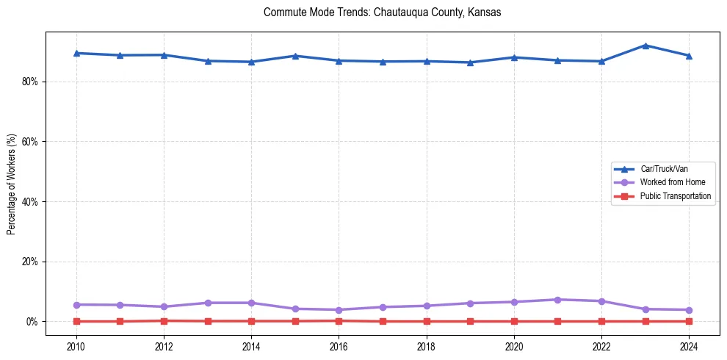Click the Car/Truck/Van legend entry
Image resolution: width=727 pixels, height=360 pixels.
click(664, 169)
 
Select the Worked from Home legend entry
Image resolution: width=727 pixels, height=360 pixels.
click(671, 182)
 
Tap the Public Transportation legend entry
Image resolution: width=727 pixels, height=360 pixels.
click(675, 196)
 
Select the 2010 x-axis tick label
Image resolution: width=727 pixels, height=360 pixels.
click(76, 346)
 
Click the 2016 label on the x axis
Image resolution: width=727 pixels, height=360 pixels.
click(339, 346)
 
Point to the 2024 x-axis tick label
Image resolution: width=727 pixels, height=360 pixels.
click(689, 346)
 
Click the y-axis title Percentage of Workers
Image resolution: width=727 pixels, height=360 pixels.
click(12, 184)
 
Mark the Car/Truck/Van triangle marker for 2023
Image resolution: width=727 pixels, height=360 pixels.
click(645, 46)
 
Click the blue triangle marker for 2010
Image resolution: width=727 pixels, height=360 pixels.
click(76, 53)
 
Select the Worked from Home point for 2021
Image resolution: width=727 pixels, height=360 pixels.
click(557, 300)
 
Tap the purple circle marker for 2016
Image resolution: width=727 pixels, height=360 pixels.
click(339, 310)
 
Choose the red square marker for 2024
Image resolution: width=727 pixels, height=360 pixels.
click(689, 321)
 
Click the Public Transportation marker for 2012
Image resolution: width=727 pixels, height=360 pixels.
click(164, 320)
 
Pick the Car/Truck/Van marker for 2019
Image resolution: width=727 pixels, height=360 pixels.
click(470, 62)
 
